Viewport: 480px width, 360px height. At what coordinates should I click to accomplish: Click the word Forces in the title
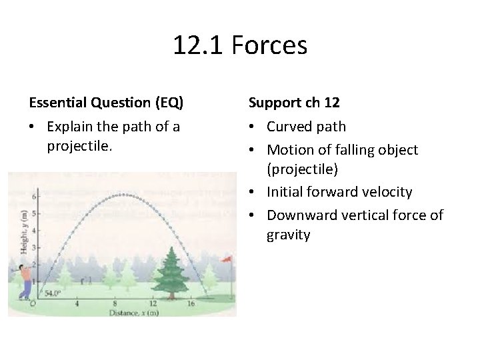click(x=270, y=46)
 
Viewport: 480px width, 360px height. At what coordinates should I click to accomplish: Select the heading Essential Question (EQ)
click(x=106, y=103)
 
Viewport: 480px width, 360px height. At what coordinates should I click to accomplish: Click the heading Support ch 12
click(x=294, y=103)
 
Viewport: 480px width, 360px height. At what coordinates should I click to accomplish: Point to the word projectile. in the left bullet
click(x=78, y=145)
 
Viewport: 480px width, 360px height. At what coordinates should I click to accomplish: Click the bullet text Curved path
click(x=306, y=127)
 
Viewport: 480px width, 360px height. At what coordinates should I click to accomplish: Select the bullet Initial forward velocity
click(x=339, y=192)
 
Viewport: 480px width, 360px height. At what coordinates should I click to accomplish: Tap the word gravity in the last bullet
click(x=288, y=235)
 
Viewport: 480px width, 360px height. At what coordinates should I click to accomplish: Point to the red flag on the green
click(x=227, y=258)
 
